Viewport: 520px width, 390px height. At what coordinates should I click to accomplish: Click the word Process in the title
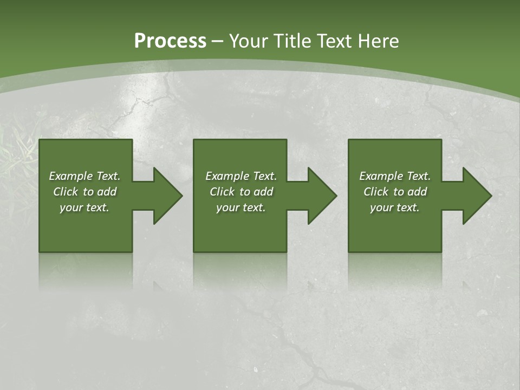pyautogui.click(x=170, y=41)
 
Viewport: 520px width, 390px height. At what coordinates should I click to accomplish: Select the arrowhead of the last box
pyautogui.click(x=476, y=196)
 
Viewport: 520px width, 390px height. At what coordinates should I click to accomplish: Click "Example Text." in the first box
pyautogui.click(x=84, y=176)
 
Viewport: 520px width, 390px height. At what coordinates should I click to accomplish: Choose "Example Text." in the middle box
pyautogui.click(x=241, y=176)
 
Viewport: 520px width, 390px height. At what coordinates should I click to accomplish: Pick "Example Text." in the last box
pyautogui.click(x=395, y=176)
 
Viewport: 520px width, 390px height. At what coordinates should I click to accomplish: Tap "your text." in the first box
pyautogui.click(x=84, y=207)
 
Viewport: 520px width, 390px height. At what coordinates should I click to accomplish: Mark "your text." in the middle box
pyautogui.click(x=241, y=207)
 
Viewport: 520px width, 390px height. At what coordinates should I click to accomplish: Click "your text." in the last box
pyautogui.click(x=395, y=207)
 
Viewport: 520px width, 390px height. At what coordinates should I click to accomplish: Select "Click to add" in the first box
pyautogui.click(x=84, y=192)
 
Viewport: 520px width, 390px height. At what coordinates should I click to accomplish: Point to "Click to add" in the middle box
pyautogui.click(x=241, y=192)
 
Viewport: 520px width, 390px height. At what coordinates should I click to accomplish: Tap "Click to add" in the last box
pyautogui.click(x=395, y=192)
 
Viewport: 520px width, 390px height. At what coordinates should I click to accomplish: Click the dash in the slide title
pyautogui.click(x=218, y=42)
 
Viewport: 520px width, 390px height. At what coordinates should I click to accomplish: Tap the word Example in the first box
pyautogui.click(x=71, y=176)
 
